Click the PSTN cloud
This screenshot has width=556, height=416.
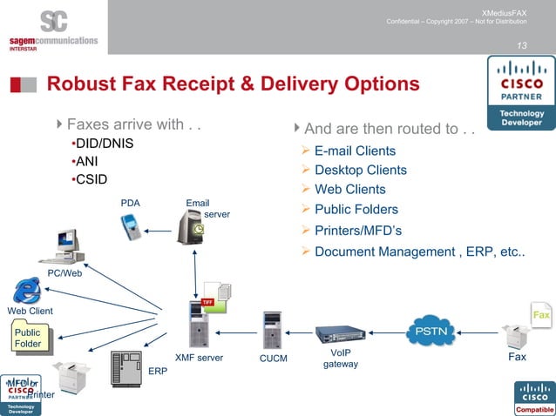coord(431,331)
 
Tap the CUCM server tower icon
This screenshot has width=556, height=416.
coord(272,331)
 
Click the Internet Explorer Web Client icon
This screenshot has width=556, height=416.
coord(28,289)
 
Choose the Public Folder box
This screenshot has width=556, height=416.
coord(29,338)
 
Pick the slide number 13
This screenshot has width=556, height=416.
coord(522,45)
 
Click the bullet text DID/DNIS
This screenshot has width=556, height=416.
coord(104,143)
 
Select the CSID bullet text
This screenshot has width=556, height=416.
coord(93,179)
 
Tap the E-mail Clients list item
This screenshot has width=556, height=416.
coord(355,151)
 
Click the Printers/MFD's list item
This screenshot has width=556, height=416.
coord(356,230)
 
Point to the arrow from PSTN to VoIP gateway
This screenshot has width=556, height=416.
coord(384,332)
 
